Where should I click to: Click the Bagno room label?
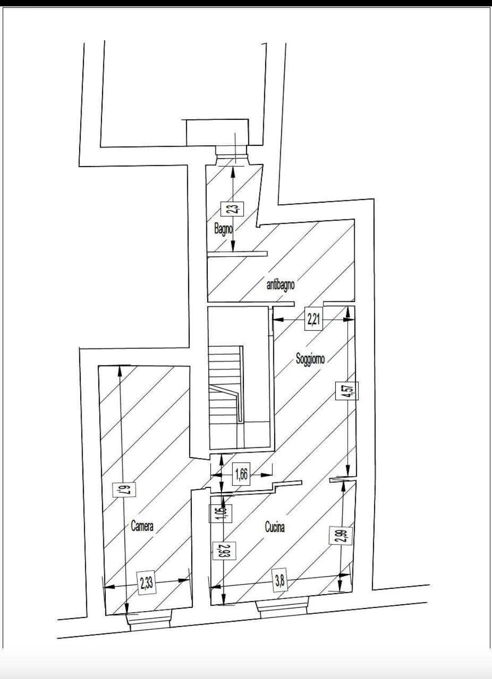[x=223, y=228]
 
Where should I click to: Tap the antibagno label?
[x=280, y=285]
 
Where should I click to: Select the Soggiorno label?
[x=310, y=359]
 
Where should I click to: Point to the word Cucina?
[x=275, y=527]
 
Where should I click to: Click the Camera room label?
[x=142, y=526]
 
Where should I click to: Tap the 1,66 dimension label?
[x=241, y=474]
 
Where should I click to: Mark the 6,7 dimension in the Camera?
[x=120, y=490]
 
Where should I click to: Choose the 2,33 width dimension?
[x=147, y=583]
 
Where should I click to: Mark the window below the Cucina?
[x=282, y=608]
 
